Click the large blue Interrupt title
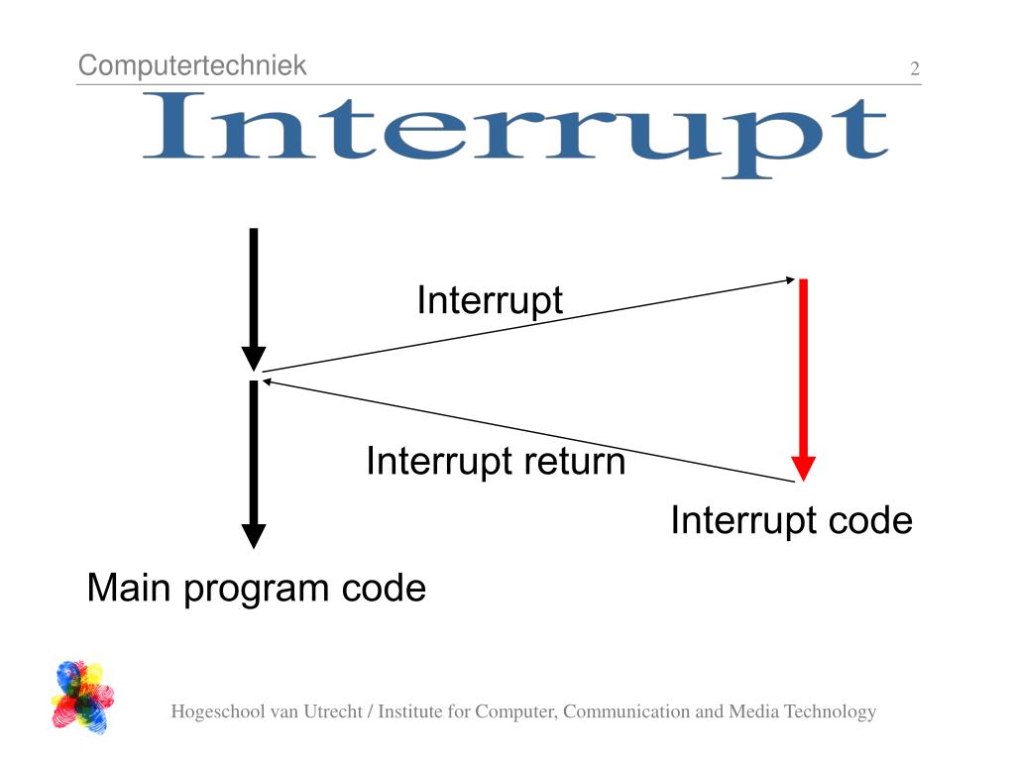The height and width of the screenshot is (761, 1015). (x=514, y=134)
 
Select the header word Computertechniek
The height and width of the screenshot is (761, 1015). (x=192, y=66)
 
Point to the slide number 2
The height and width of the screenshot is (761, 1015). (x=914, y=69)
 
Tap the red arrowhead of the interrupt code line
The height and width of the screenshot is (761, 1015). (x=803, y=469)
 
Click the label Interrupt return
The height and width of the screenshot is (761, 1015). (x=496, y=462)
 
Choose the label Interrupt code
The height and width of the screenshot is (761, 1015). (x=791, y=520)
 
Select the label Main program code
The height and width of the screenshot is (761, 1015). (x=256, y=589)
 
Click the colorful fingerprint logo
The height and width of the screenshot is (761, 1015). (x=82, y=697)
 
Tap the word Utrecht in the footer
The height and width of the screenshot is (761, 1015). (x=330, y=711)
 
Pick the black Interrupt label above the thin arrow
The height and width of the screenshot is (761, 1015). (x=490, y=300)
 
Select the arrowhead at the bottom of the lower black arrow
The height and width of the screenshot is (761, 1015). (x=254, y=536)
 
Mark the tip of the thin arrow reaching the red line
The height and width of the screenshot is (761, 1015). (x=791, y=280)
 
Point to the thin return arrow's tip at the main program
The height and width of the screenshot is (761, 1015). (x=266, y=380)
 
